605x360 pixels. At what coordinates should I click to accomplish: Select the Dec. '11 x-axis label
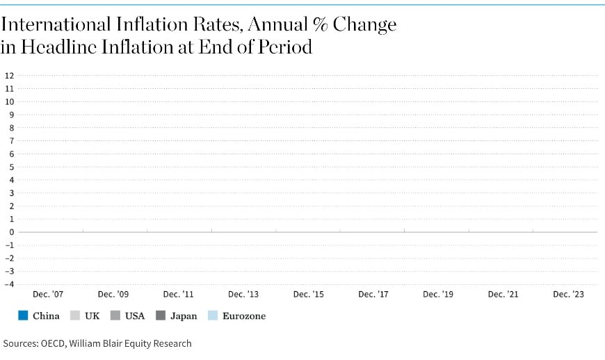pyautogui.click(x=179, y=295)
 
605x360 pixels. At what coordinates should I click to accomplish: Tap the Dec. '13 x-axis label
pyautogui.click(x=243, y=295)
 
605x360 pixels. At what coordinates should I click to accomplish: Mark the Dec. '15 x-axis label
pyautogui.click(x=308, y=295)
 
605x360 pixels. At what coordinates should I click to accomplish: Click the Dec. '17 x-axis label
pyautogui.click(x=373, y=295)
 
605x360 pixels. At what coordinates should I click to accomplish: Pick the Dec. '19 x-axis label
pyautogui.click(x=437, y=295)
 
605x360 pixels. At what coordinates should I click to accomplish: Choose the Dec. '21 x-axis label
pyautogui.click(x=503, y=295)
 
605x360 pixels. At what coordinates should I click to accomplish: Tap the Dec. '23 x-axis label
pyautogui.click(x=568, y=295)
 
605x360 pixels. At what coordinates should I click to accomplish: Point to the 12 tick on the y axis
pyautogui.click(x=9, y=76)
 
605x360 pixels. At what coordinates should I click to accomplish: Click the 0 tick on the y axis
pyautogui.click(x=11, y=232)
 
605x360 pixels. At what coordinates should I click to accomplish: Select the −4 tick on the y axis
pyautogui.click(x=9, y=284)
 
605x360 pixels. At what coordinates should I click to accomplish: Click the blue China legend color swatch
pyautogui.click(x=23, y=316)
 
